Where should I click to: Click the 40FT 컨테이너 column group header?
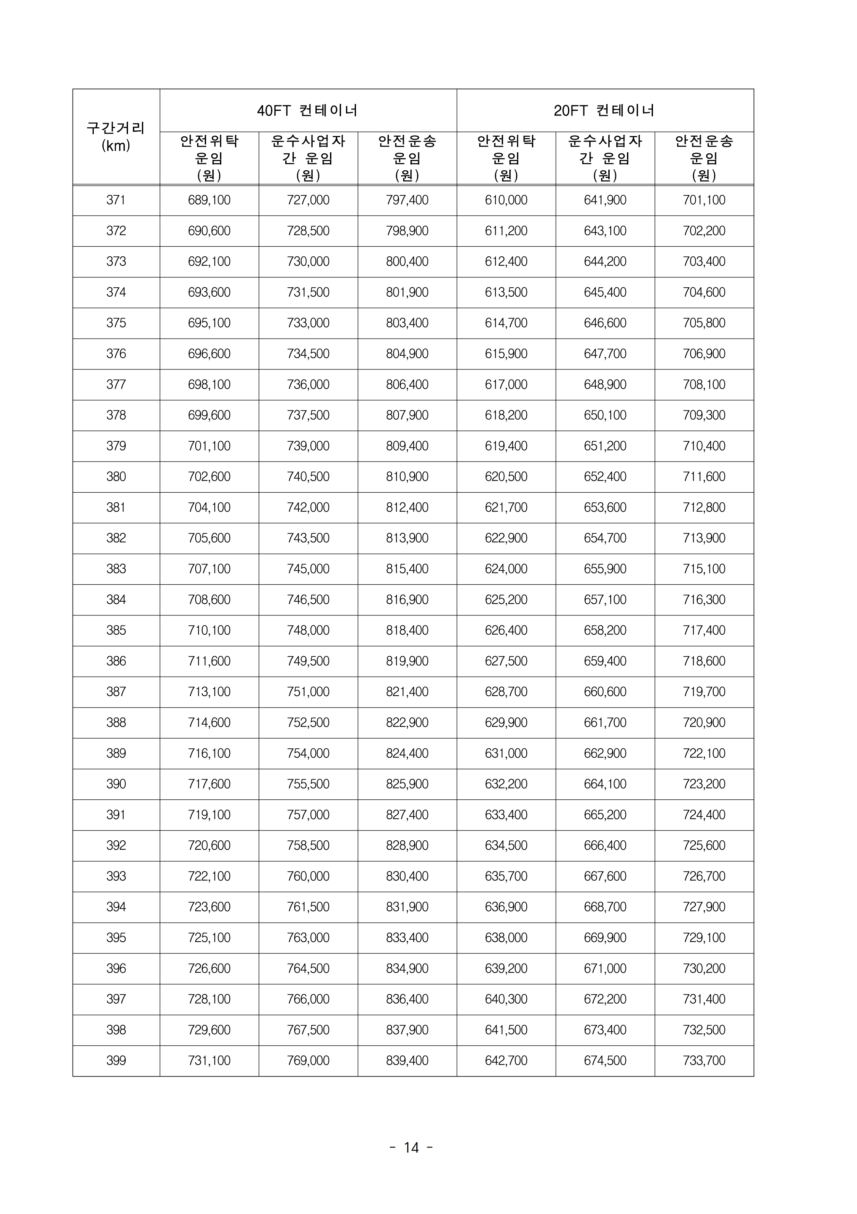click(x=308, y=111)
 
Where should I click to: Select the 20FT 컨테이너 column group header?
click(x=605, y=111)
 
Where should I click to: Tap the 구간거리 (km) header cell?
click(x=116, y=137)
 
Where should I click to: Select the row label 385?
click(x=116, y=630)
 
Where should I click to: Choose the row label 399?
click(x=116, y=1061)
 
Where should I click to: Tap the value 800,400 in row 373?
click(x=407, y=262)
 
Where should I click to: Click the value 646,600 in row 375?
click(x=605, y=323)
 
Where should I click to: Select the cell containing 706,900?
click(x=704, y=354)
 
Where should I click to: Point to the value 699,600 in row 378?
click(x=209, y=415)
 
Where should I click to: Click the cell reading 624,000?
click(x=506, y=569)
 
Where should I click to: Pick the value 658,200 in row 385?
click(x=605, y=630)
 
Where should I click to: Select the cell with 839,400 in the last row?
click(x=407, y=1061)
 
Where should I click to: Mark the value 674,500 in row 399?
click(x=605, y=1061)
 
